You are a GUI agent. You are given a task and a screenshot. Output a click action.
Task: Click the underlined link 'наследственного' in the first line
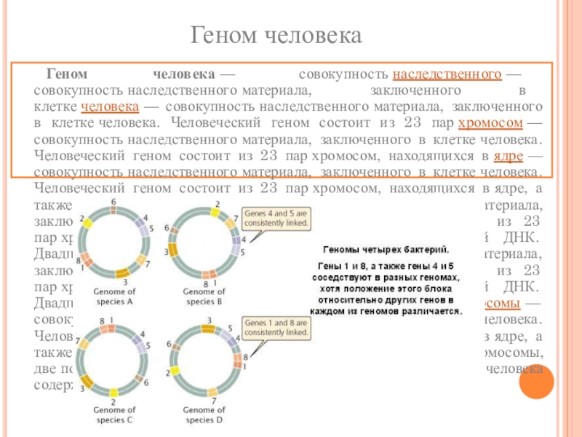pyautogui.click(x=446, y=76)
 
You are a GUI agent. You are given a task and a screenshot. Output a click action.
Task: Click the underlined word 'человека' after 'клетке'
pyautogui.click(x=111, y=106)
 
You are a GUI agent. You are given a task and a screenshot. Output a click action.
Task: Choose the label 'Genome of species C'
pyautogui.click(x=114, y=415)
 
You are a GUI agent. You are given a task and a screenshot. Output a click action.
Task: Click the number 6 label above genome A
pyautogui.click(x=113, y=201)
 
